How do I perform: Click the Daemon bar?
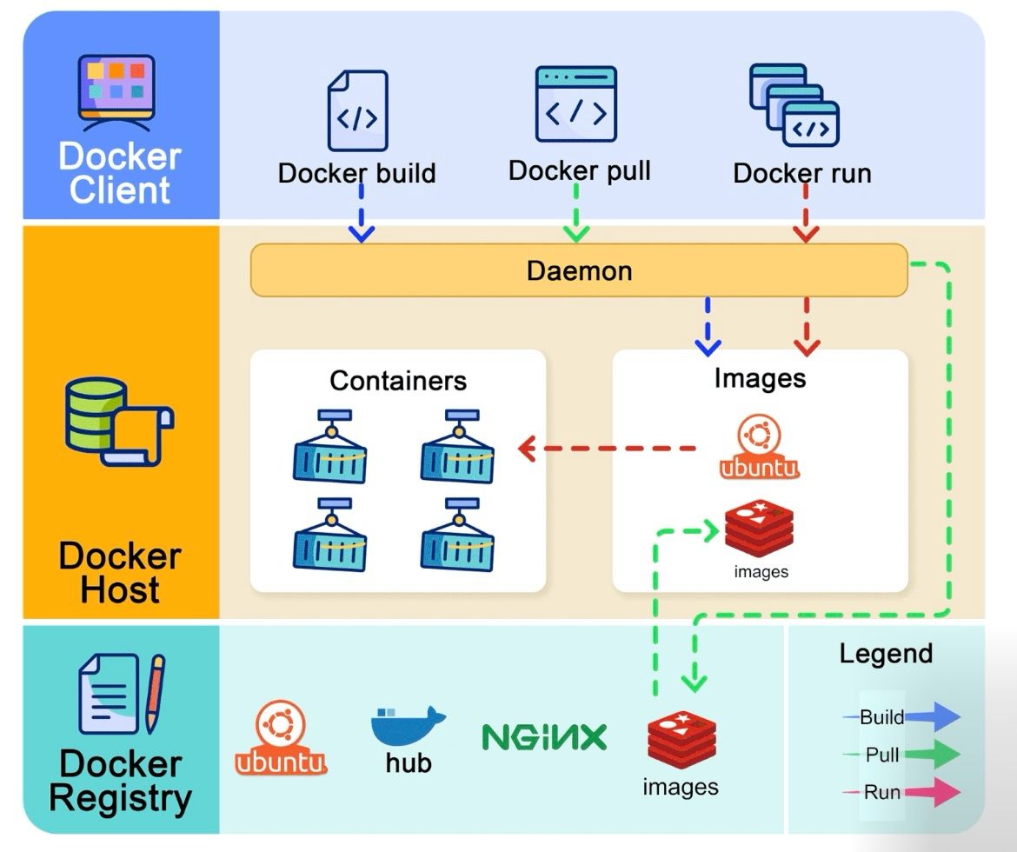click(579, 270)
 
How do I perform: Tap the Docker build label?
click(356, 173)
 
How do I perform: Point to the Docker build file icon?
click(357, 111)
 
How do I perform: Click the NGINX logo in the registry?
click(544, 737)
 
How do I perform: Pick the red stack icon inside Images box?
click(761, 528)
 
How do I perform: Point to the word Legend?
click(885, 654)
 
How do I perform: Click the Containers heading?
click(398, 381)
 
